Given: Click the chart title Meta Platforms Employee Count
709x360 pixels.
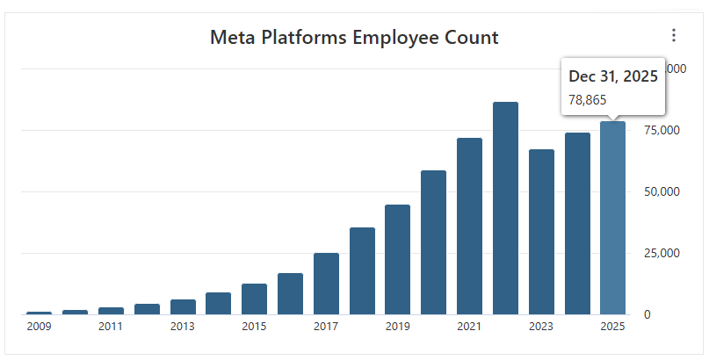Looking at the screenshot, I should click(x=354, y=37).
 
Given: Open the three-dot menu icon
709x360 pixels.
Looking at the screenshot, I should click(x=674, y=35).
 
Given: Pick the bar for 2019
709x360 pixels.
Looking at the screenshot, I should click(x=397, y=259).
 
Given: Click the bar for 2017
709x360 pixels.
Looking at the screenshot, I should click(x=326, y=283).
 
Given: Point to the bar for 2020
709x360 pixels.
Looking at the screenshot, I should click(x=433, y=242).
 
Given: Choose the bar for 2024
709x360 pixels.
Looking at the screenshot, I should click(x=577, y=223).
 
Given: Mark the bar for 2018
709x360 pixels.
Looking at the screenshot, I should click(x=362, y=270).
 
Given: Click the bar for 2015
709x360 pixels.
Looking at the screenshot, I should click(x=254, y=299).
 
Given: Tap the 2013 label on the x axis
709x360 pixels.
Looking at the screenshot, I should click(x=183, y=328).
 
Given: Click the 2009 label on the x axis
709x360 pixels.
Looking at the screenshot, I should click(x=39, y=328).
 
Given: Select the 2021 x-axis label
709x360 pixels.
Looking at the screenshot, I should click(x=469, y=328).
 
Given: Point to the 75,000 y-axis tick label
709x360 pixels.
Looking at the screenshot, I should click(x=662, y=130).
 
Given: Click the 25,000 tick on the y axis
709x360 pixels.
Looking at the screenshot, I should click(x=662, y=253).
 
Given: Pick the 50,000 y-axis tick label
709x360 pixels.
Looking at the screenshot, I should click(x=662, y=191).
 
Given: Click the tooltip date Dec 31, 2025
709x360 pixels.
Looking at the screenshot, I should click(x=613, y=76).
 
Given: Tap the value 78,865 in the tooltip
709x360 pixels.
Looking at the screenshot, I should click(x=588, y=99).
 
